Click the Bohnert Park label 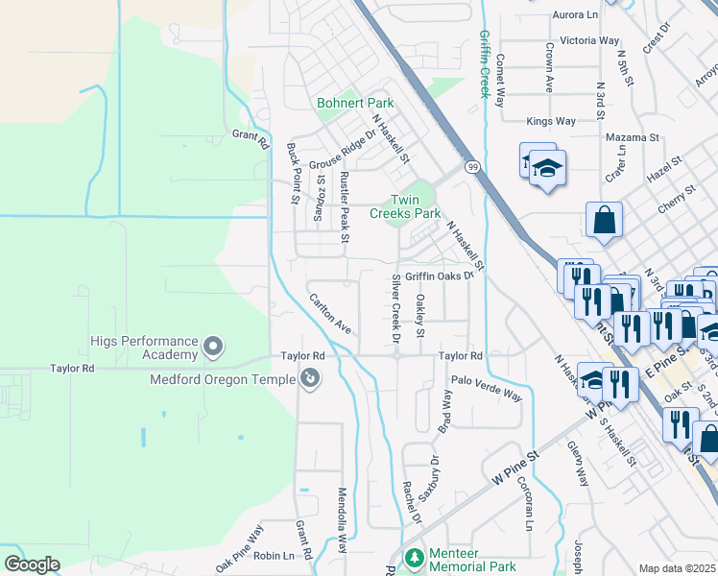pyautogui.click(x=355, y=103)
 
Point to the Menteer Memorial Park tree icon pyautogui.click(x=414, y=558)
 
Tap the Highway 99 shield pyautogui.click(x=472, y=167)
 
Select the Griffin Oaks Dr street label pyautogui.click(x=440, y=276)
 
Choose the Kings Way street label pyautogui.click(x=551, y=121)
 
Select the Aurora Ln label pyautogui.click(x=575, y=15)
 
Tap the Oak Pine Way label pyautogui.click(x=239, y=548)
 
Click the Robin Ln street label pyautogui.click(x=274, y=556)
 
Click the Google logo pyautogui.click(x=32, y=564)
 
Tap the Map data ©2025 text pyautogui.click(x=677, y=568)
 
